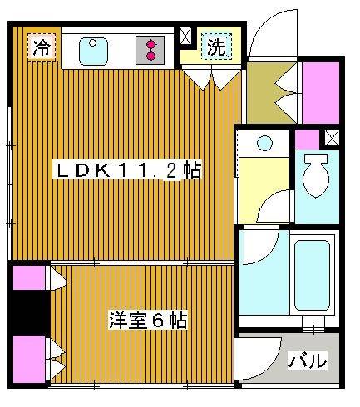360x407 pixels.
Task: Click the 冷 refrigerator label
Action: coord(40,48)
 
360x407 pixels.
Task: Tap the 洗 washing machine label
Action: coord(216,48)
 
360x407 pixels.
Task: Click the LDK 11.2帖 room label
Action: coord(127,171)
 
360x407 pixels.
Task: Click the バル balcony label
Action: coord(307,362)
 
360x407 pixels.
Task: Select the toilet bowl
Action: coord(316,176)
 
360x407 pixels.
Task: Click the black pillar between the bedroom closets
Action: coord(29,311)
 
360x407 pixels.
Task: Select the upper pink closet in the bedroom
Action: coord(28,277)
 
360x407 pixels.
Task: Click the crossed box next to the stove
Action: coord(185,36)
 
